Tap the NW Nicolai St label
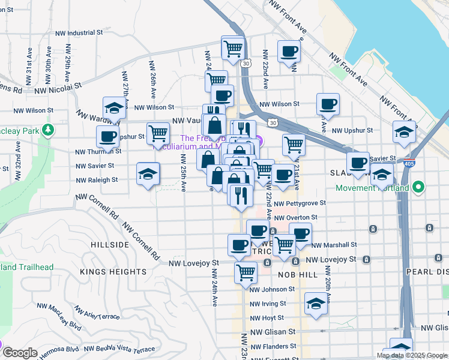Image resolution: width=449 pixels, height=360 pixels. [x=58, y=89]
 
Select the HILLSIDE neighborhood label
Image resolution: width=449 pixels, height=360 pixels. [x=109, y=245]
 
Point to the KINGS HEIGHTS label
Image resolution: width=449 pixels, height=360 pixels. [x=113, y=272]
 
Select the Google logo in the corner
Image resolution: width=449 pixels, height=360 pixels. [x=19, y=353]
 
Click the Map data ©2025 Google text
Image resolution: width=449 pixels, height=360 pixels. [x=412, y=355]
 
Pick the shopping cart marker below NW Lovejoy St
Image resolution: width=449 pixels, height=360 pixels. [x=246, y=272]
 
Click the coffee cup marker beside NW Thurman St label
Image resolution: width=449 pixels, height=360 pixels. [x=108, y=137]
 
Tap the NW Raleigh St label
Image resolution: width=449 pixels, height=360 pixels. [x=97, y=180]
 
